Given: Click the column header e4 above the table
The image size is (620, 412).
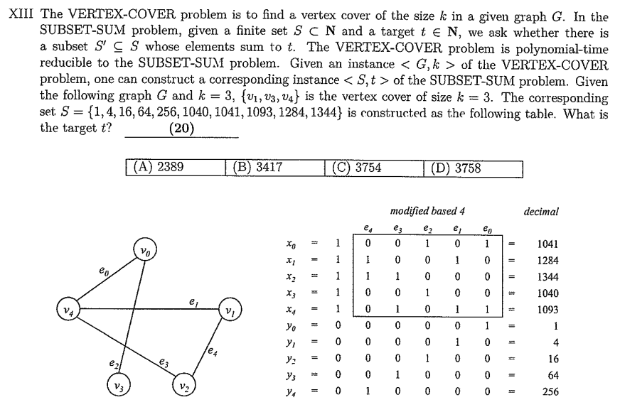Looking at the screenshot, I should point(367,228).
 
